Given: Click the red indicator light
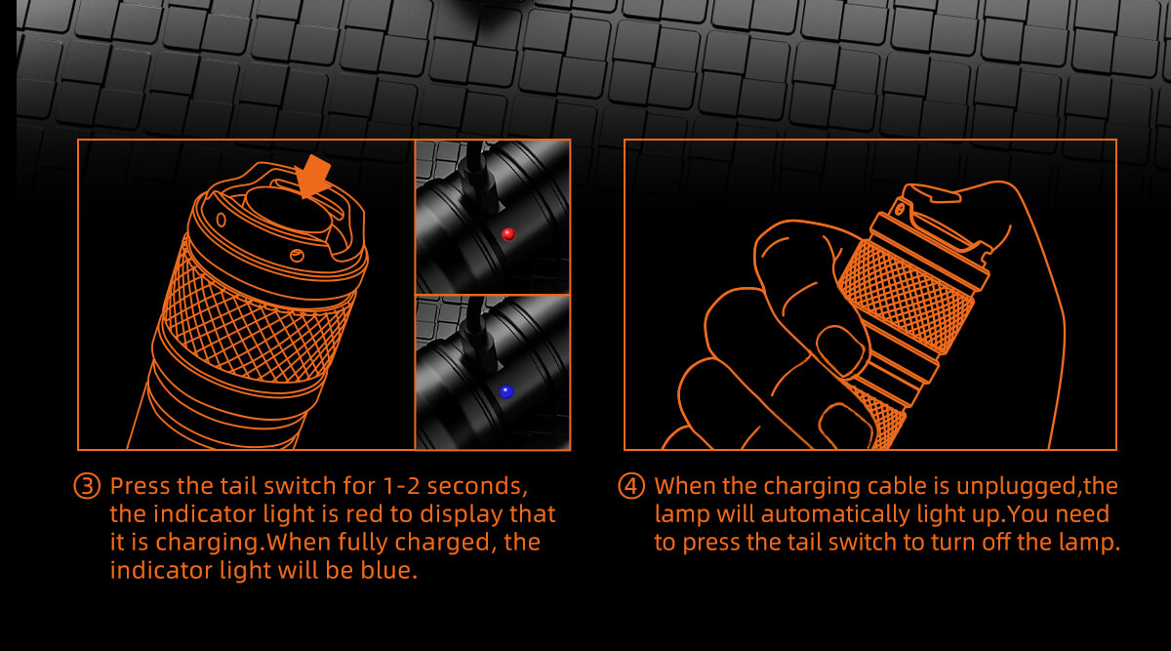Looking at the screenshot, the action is pyautogui.click(x=508, y=234).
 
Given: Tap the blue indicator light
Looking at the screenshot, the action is pyautogui.click(x=506, y=391).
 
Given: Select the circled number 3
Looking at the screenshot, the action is pyautogui.click(x=87, y=486).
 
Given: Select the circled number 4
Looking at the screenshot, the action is pyautogui.click(x=631, y=486).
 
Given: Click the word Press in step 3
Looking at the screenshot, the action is pyautogui.click(x=141, y=486).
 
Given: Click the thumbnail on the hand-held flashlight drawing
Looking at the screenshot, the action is pyautogui.click(x=838, y=348).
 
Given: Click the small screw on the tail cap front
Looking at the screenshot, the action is pyautogui.click(x=297, y=256).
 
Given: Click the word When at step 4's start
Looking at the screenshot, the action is pyautogui.click(x=684, y=486).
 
